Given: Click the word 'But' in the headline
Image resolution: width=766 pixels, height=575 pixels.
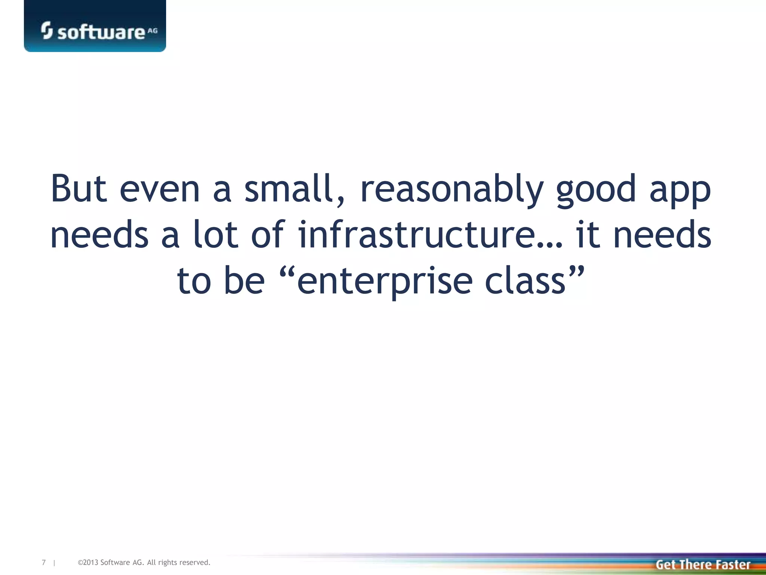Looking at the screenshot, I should [x=79, y=189].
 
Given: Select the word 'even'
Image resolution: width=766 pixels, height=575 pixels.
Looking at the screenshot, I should [x=160, y=189].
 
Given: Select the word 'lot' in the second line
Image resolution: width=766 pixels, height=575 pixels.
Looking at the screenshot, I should [x=215, y=235].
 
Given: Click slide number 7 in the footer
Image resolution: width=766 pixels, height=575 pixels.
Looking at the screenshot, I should [x=44, y=562].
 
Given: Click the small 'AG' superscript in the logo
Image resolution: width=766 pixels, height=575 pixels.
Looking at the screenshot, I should [x=153, y=31].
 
